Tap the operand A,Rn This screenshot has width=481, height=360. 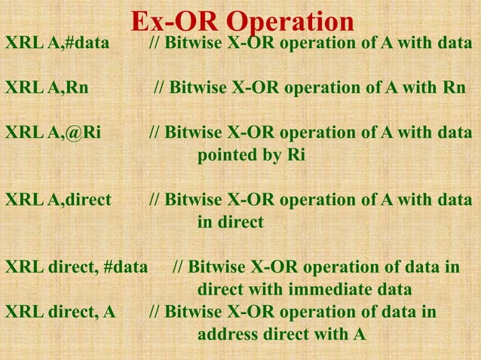[x=68, y=87]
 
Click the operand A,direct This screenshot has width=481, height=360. [x=79, y=200]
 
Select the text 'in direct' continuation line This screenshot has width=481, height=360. [x=230, y=223]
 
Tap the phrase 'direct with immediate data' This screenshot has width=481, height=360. [x=304, y=290]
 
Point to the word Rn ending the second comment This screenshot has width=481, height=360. [x=455, y=87]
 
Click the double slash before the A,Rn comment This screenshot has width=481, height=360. [x=159, y=87]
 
